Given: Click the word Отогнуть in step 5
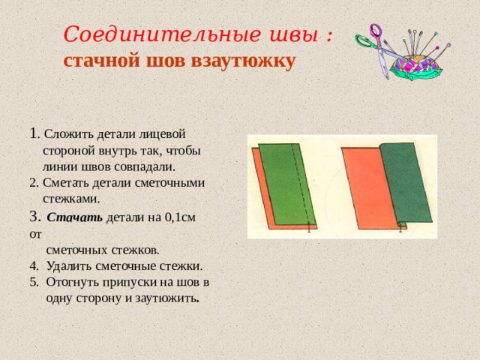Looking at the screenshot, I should tap(73, 282).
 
